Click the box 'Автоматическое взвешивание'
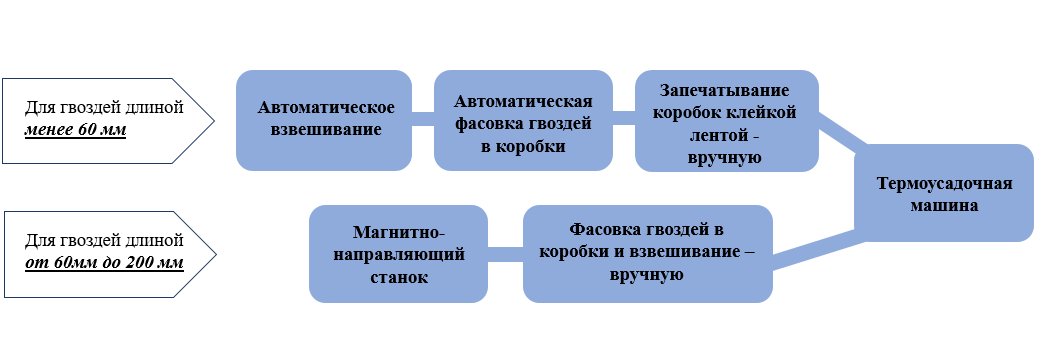(x=325, y=119)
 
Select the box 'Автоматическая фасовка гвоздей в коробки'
(x=523, y=119)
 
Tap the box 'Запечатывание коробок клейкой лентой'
(x=727, y=119)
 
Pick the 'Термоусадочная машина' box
(x=943, y=193)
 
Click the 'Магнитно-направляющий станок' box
(x=398, y=254)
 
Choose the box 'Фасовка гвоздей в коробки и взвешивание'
(x=647, y=254)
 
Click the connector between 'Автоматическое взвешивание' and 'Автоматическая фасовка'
(x=423, y=119)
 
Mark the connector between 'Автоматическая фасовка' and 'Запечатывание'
(x=624, y=119)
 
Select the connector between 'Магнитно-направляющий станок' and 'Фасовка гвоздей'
(x=505, y=254)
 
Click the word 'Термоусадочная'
(x=944, y=184)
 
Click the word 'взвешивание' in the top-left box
(x=325, y=130)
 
